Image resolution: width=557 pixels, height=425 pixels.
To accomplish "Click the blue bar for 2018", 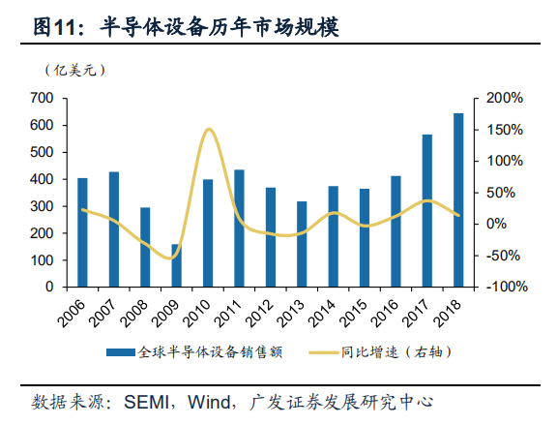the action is (458, 199).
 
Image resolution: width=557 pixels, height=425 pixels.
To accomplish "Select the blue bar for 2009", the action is (177, 265).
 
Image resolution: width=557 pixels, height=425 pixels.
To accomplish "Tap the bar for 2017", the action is (427, 210).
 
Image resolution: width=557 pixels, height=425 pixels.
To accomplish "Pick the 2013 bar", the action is (302, 244).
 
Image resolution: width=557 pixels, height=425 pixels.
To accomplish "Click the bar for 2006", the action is (82, 232).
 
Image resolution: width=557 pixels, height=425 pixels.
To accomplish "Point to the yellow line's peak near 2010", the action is (209, 130).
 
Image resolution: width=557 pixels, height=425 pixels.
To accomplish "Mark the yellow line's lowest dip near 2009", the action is (170, 258).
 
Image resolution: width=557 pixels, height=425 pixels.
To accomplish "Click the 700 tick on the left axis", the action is (42, 98).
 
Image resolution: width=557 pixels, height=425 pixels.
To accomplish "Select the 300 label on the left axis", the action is (42, 206).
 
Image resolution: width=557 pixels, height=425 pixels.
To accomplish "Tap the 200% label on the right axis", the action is (505, 98).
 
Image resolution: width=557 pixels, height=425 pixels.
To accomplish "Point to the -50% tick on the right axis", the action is (502, 256).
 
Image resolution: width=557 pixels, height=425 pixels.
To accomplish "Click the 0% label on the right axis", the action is (496, 224).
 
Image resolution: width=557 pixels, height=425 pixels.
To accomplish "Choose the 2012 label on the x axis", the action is (260, 313).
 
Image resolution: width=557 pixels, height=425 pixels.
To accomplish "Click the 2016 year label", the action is (385, 313).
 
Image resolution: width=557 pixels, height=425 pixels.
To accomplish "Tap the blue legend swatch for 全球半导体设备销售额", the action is (121, 352).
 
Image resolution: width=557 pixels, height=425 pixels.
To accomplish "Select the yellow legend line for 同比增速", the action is (323, 352).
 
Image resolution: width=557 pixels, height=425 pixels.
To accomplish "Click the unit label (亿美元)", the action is (75, 70).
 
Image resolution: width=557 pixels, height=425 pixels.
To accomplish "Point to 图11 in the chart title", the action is (54, 27).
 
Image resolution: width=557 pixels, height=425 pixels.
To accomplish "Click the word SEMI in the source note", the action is (146, 402).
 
